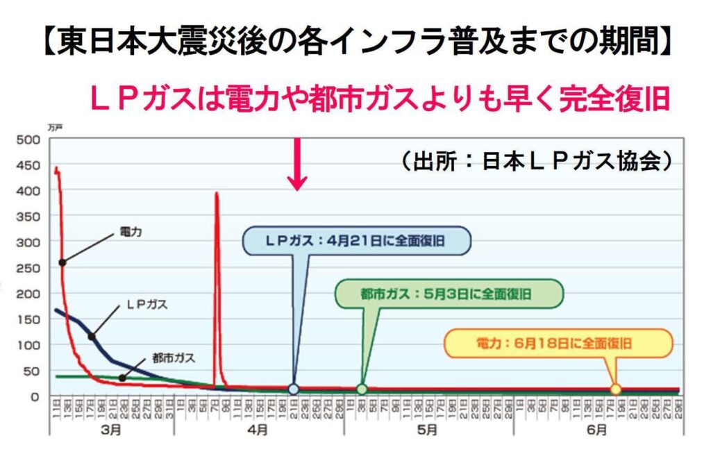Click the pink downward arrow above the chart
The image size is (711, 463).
[297, 165]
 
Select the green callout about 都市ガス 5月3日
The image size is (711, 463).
[447, 293]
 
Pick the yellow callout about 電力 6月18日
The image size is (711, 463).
[558, 343]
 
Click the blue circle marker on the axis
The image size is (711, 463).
[294, 389]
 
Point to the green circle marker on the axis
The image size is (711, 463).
[362, 389]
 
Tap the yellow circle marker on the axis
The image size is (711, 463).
[615, 389]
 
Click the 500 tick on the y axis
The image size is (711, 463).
[33, 139]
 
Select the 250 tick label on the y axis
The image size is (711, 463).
[33, 267]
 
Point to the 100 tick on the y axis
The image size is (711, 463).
[33, 344]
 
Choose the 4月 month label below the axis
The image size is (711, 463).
[258, 430]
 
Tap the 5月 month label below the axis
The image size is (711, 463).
[428, 430]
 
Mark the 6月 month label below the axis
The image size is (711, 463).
[596, 430]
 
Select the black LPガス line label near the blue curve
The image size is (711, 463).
[147, 304]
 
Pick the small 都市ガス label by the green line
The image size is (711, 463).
[174, 359]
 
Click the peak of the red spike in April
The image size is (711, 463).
[217, 194]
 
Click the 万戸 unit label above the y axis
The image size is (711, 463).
[56, 128]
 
